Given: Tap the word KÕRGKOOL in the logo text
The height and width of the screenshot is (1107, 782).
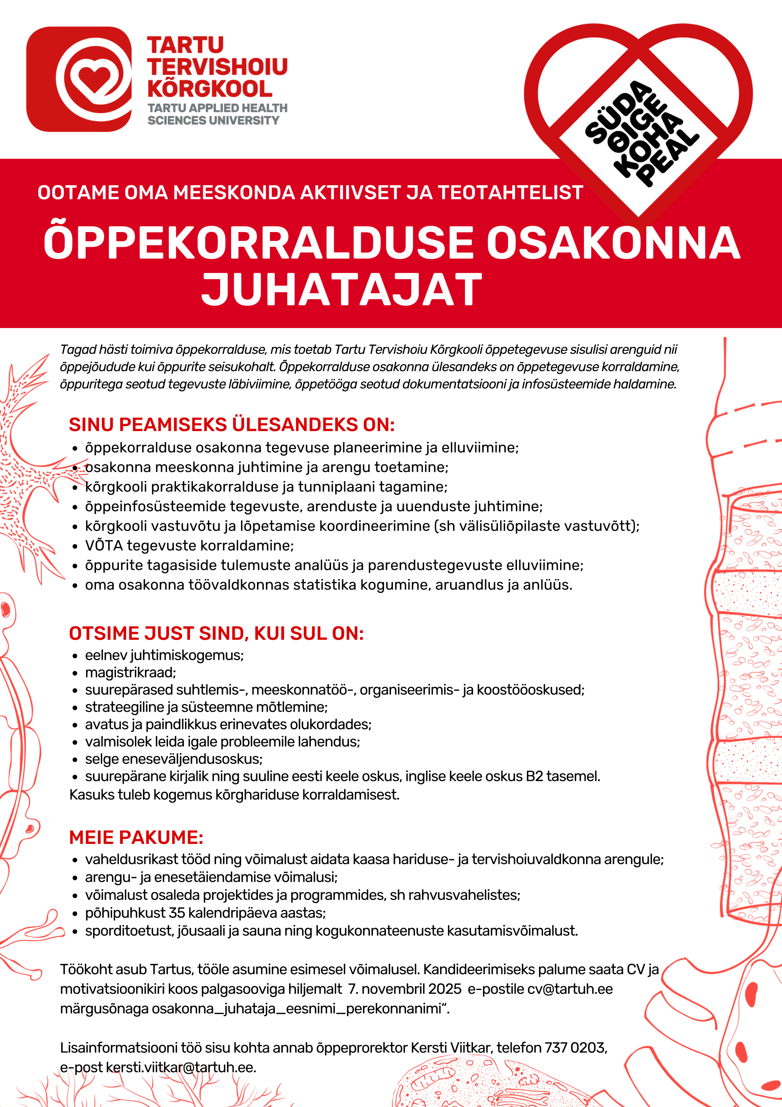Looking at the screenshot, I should pos(210,89).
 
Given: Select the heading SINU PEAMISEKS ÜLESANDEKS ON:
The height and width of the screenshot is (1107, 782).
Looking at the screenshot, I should pos(231,425).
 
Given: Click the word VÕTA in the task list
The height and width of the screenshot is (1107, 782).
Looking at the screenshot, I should pos(104,546).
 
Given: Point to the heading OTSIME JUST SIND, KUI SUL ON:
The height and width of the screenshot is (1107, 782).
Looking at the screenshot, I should pos(216,634).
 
